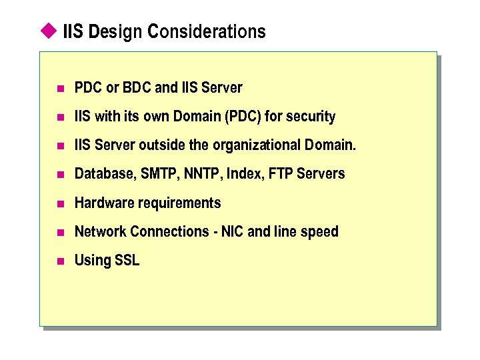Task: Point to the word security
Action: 311,117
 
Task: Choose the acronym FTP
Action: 280,174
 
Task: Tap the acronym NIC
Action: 231,231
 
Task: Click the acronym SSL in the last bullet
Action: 127,260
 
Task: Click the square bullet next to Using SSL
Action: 60,261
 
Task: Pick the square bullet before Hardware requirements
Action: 60,203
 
